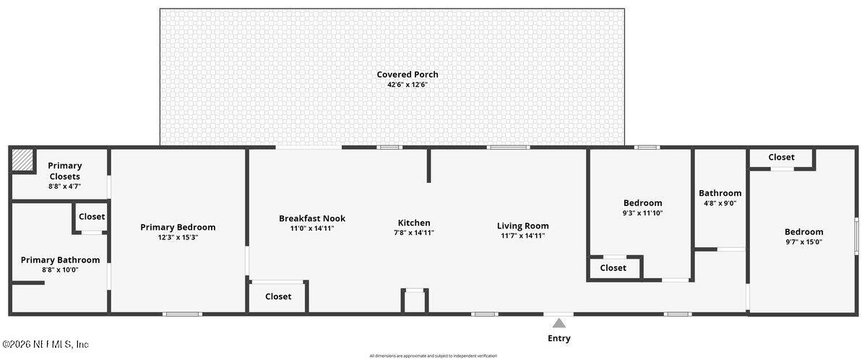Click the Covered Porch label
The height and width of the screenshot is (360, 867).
point(407,74)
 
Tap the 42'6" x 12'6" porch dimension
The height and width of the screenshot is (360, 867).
point(407,85)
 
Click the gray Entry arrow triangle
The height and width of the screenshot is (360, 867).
point(559,322)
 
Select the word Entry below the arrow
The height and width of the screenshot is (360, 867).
point(559,338)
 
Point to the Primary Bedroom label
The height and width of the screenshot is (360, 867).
point(178,227)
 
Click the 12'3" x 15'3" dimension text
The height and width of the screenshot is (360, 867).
point(178,237)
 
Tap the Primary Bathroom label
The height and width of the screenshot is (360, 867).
point(60,260)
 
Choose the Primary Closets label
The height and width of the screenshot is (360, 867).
point(65,171)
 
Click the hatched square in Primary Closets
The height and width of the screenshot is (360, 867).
point(23,160)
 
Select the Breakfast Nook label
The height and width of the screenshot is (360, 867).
point(312,218)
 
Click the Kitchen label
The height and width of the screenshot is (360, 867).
point(414,223)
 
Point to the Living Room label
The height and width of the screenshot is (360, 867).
point(523,226)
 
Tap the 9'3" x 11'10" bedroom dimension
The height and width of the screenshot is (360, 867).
point(642,213)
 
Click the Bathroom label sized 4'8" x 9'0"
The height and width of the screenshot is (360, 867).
point(720,193)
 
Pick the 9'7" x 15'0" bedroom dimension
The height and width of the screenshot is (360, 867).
point(803,242)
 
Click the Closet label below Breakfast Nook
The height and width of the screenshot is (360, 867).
point(278,296)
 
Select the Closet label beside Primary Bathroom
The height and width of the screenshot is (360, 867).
point(92,216)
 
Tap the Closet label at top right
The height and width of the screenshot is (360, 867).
point(781,157)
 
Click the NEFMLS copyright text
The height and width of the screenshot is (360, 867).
point(45,345)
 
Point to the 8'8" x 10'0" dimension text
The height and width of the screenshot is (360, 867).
point(60,270)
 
